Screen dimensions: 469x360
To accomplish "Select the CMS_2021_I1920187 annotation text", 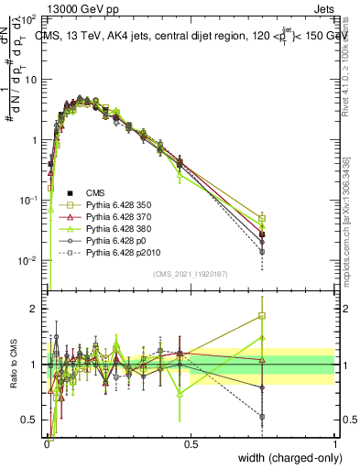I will (191, 274).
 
